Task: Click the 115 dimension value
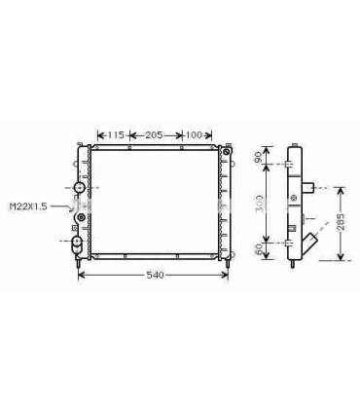click(x=115, y=134)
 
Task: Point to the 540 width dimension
click(x=154, y=276)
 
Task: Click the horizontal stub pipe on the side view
click(x=313, y=187)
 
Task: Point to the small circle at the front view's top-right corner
click(x=229, y=152)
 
